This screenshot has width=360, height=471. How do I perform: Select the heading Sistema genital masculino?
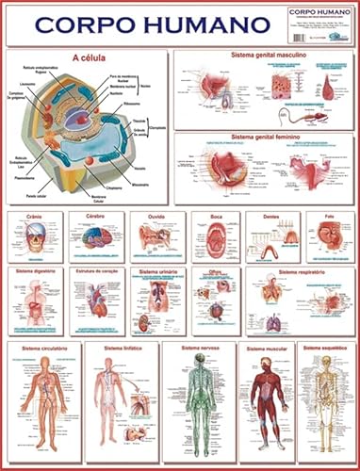tap(262, 56)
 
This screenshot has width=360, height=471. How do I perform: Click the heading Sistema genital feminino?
tap(262, 138)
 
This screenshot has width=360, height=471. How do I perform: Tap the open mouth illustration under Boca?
tap(216, 238)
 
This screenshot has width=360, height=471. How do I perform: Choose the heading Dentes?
tap(271, 216)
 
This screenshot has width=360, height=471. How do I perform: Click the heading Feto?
tap(329, 216)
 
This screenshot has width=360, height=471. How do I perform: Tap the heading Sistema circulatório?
tap(40, 348)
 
